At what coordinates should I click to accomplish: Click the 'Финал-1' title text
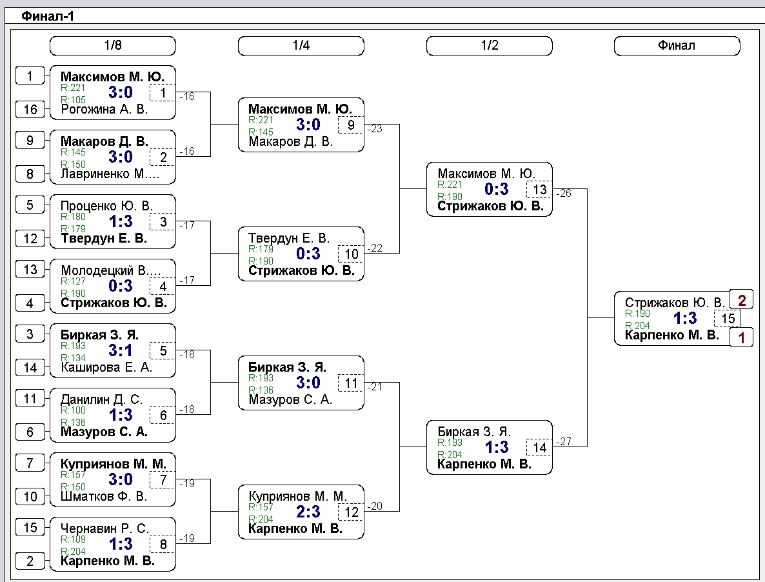pyautogui.click(x=48, y=16)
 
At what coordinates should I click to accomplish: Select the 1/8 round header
pyautogui.click(x=113, y=46)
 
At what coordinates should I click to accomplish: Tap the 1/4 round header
pyautogui.click(x=301, y=46)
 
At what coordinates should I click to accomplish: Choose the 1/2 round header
pyautogui.click(x=490, y=46)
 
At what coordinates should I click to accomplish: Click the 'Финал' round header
pyautogui.click(x=677, y=46)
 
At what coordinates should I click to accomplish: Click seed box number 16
pyautogui.click(x=30, y=109)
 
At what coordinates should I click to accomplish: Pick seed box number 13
pyautogui.click(x=30, y=269)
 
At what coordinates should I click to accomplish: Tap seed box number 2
pyautogui.click(x=30, y=561)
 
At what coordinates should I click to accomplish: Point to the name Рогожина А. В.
pyautogui.click(x=104, y=109)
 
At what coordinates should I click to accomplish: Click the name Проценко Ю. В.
pyautogui.click(x=106, y=206)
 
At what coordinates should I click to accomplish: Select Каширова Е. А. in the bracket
pyautogui.click(x=106, y=367)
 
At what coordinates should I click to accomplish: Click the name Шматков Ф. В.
pyautogui.click(x=103, y=497)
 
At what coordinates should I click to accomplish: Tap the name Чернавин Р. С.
pyautogui.click(x=104, y=528)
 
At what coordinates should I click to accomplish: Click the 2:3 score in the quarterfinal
pyautogui.click(x=308, y=511)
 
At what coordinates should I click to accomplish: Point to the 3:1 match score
pyautogui.click(x=121, y=350)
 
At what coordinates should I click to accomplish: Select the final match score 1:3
pyautogui.click(x=685, y=318)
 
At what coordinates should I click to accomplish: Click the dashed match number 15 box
pyautogui.click(x=728, y=319)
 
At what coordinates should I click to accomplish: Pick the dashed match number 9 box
pyautogui.click(x=351, y=125)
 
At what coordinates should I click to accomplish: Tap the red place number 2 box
pyautogui.click(x=742, y=300)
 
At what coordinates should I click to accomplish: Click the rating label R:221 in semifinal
pyautogui.click(x=450, y=185)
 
